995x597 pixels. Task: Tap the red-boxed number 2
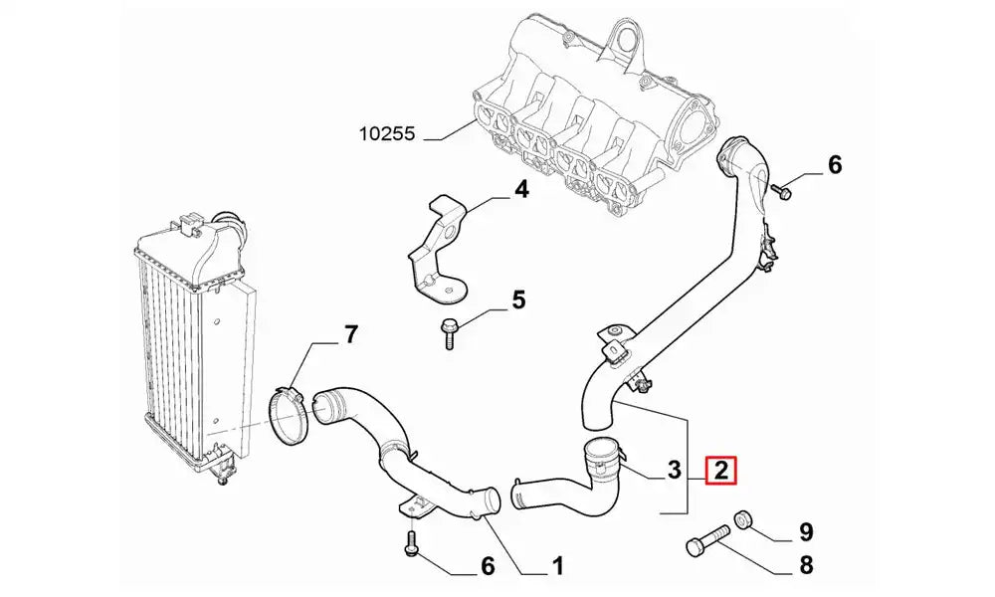[x=720, y=468]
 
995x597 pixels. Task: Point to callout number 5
[x=518, y=298]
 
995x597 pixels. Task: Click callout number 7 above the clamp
[x=350, y=335]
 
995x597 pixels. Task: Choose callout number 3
[x=674, y=468]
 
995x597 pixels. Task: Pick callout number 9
[x=806, y=531]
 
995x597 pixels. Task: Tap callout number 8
[x=806, y=566]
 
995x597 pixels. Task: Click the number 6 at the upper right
[x=834, y=165]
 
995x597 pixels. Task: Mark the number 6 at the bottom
[x=488, y=566]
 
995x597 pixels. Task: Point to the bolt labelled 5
[x=447, y=331]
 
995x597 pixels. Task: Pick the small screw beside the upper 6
[x=781, y=191]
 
